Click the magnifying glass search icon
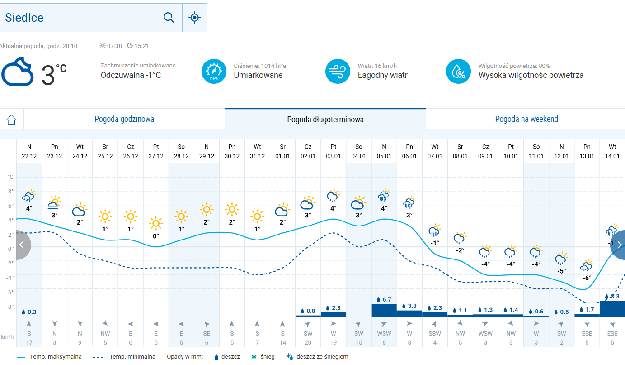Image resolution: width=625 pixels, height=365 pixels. coord(169,18)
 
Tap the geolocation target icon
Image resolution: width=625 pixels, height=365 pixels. coord(194,18)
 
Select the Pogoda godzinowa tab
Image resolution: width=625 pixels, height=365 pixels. coord(124,119)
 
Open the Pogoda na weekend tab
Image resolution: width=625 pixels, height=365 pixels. coord(526,119)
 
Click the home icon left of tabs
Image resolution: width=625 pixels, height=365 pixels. coord(11,120)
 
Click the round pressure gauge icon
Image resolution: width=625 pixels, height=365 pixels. coord(214,72)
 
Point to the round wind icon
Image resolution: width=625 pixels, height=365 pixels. coord(338,72)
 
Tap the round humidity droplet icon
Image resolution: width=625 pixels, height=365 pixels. coord(458,72)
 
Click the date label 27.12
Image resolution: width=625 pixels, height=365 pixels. coord(156,156)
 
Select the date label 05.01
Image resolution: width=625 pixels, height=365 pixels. coord(384,156)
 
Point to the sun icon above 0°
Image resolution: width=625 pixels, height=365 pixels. coord(156,223)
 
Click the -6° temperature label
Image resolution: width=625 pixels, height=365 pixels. coord(587,278)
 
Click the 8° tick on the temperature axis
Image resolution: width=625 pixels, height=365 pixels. coord(11,191)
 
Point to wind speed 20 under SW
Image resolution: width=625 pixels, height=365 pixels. coord(308,343)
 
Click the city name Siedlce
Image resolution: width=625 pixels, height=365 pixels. coord(24,18)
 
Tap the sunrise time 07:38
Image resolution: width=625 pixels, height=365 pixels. coord(114,46)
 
